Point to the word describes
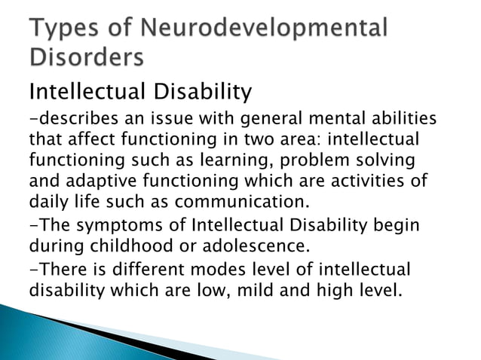pyautogui.click(x=72, y=120)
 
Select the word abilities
pyautogui.click(x=399, y=120)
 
